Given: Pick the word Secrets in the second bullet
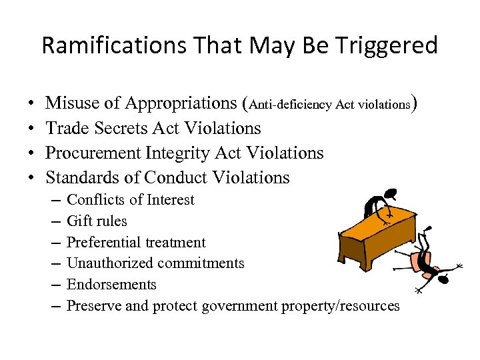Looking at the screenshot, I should tap(125, 128).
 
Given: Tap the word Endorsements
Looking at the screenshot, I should tap(112, 285).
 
